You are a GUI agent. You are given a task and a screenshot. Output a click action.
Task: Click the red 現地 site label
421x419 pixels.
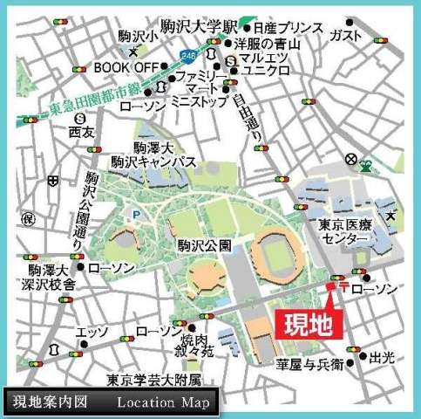click(x=310, y=324)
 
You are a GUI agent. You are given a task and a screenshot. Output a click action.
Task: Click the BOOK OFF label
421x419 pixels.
click(x=125, y=65)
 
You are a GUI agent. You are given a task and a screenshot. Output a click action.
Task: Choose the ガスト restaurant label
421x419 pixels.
click(x=346, y=34)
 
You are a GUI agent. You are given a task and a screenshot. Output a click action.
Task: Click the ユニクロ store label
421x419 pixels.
click(x=268, y=73)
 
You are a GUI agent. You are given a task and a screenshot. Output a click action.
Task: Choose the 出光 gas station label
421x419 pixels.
click(x=382, y=357)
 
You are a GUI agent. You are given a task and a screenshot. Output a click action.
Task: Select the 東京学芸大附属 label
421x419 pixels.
click(x=154, y=381)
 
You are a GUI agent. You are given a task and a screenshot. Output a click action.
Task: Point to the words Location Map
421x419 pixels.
click(x=163, y=402)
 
